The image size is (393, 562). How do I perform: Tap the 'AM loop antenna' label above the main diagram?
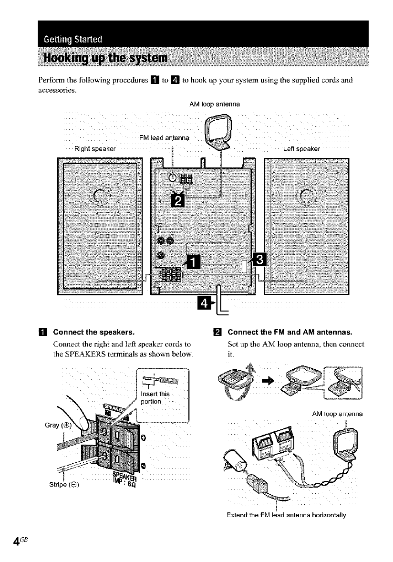click(x=214, y=104)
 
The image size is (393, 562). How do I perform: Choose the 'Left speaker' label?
click(x=301, y=148)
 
